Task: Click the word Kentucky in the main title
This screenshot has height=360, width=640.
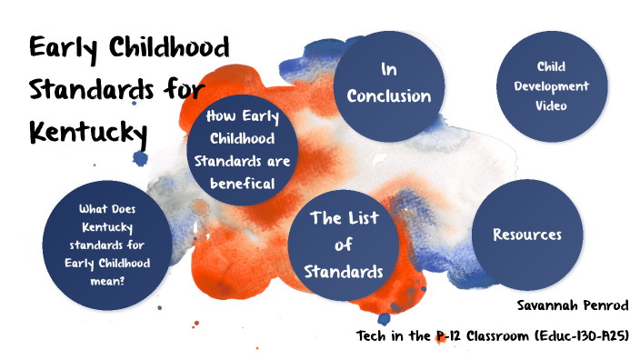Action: click(88, 132)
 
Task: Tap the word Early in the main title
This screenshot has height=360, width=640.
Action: click(69, 47)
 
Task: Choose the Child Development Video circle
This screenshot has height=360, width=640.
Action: click(550, 86)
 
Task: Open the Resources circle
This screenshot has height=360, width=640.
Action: click(527, 235)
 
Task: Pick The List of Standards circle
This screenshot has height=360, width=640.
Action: click(344, 245)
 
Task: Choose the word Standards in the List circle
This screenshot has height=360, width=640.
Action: click(344, 271)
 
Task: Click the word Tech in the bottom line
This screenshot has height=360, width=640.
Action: click(372, 336)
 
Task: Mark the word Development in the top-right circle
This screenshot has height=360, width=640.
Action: click(551, 86)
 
